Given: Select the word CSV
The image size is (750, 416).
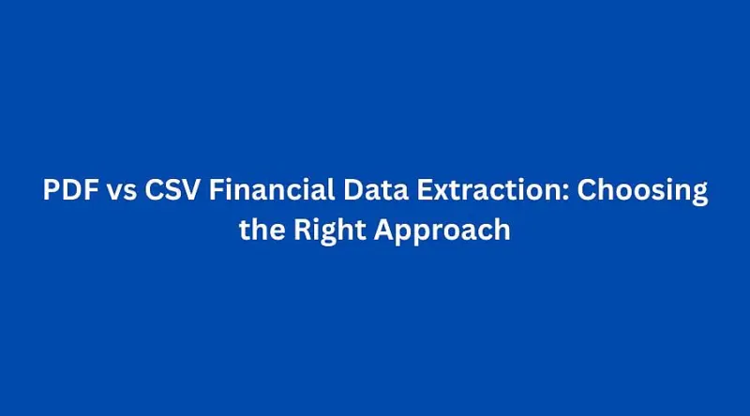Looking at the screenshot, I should [172, 192].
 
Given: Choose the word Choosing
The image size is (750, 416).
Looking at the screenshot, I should [642, 192].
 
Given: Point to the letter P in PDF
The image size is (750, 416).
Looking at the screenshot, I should [52, 192].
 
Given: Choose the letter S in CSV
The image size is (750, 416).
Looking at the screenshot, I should [172, 192].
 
